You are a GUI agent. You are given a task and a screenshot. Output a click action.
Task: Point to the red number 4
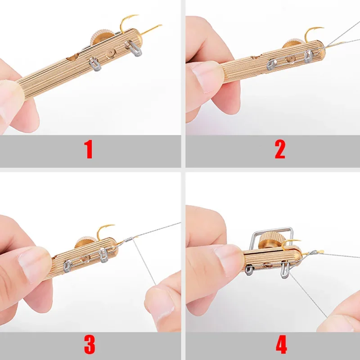281,344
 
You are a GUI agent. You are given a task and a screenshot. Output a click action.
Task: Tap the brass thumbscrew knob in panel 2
292,47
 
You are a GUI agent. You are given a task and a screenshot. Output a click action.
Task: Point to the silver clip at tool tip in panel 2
309,55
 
